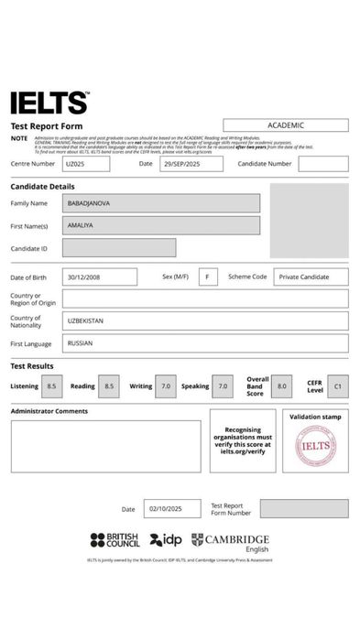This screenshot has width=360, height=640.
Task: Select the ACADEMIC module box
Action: coord(285,125)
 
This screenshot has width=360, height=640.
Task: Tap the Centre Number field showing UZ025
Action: coord(86,164)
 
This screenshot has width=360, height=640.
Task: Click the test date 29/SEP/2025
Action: coord(191,164)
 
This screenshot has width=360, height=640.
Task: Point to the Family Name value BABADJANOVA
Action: coord(161,203)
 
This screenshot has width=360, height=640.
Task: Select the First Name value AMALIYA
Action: coord(161,225)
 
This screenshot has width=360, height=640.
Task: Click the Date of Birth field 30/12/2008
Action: coord(100,277)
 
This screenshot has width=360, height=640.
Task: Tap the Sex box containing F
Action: coord(208,277)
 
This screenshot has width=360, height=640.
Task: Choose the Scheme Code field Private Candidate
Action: coord(311,277)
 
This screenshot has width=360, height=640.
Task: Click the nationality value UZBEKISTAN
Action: coord(205,320)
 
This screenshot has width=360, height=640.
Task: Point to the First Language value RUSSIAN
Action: coord(205,343)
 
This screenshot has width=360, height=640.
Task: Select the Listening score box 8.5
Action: coord(52,386)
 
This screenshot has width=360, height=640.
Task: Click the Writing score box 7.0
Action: coord(166,386)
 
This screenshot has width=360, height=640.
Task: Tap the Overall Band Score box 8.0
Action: coord(281,386)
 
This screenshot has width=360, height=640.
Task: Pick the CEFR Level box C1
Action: coord(337,386)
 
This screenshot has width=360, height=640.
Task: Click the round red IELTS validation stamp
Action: coord(315,446)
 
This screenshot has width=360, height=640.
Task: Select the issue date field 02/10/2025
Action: coord(171,509)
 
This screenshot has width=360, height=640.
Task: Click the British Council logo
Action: coord(115,541)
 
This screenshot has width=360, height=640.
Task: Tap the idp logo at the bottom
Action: coord(166,540)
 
